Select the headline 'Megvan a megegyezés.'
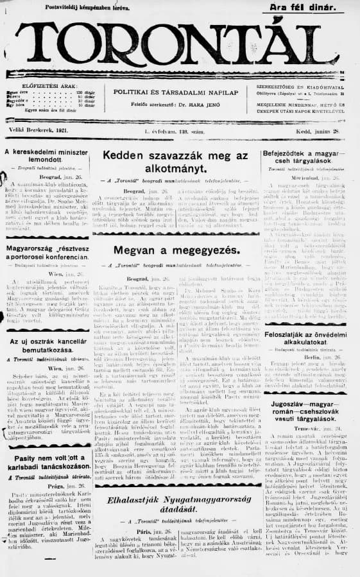click(175, 250)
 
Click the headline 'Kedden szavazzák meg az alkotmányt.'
click(175, 164)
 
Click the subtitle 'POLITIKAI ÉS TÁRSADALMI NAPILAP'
click(176, 92)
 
